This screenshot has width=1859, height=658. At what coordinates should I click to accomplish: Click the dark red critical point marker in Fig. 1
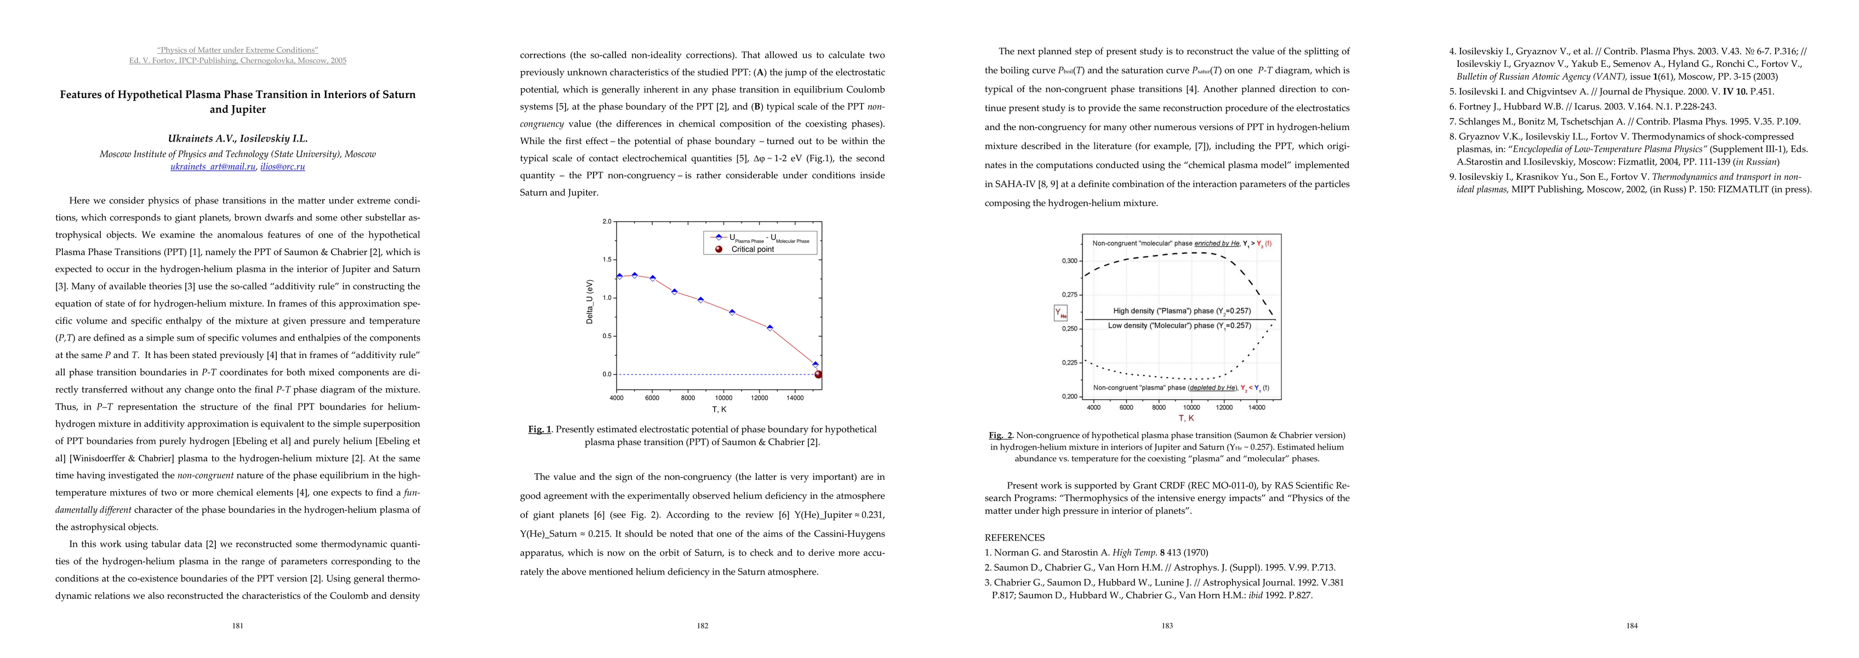point(818,374)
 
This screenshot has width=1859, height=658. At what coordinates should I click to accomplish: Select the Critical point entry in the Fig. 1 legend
point(752,249)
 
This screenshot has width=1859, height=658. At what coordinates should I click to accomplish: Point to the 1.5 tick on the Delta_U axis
point(606,259)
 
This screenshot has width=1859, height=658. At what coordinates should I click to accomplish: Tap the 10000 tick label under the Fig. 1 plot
point(723,398)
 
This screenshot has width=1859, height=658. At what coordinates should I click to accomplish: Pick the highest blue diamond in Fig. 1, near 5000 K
point(634,275)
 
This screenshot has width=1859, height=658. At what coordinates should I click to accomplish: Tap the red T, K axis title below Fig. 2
point(1187,418)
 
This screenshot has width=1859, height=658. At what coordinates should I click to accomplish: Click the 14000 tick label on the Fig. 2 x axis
point(1256,407)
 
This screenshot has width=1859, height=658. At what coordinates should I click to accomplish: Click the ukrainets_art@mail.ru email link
point(213,167)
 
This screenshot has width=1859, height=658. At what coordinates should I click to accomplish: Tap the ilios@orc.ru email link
point(282,167)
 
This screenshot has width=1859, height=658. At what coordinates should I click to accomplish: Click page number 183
point(1167,626)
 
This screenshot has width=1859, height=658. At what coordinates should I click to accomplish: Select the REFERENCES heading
point(1014,537)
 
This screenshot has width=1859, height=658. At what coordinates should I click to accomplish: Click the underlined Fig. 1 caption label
point(539,429)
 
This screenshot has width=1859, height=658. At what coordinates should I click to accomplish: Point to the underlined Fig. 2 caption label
point(1001,435)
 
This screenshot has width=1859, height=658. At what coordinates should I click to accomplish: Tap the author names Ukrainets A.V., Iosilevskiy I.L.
point(237,139)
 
